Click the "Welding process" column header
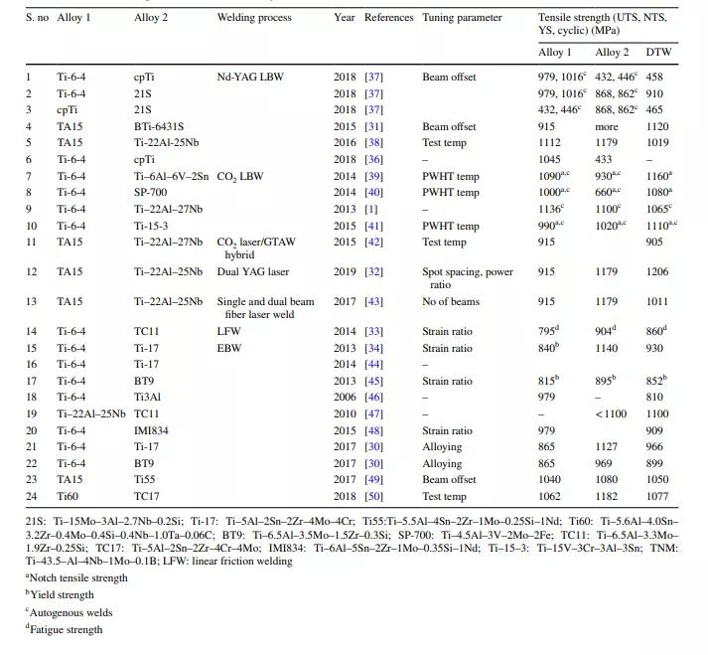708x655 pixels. pos(254,18)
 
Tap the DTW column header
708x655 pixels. pos(657,52)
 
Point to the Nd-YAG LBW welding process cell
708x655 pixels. pos(252,77)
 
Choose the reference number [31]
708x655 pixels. pos(374,126)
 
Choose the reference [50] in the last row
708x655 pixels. pos(374,496)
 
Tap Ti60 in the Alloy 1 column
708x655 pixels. pos(69,496)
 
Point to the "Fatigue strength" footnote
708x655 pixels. pos(66,628)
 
